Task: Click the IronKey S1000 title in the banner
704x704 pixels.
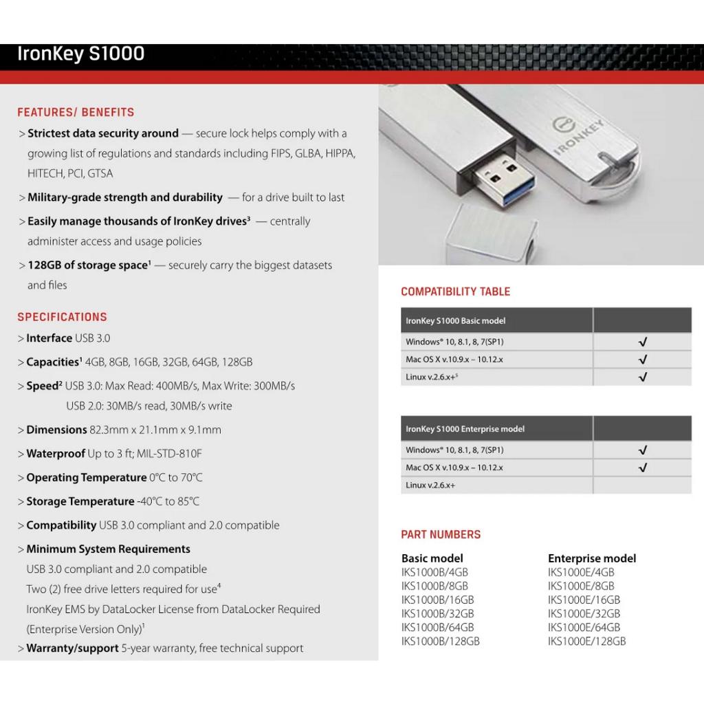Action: pos(80,54)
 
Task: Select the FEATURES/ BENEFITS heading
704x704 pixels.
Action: pos(76,112)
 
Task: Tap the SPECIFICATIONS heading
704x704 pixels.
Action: pos(62,317)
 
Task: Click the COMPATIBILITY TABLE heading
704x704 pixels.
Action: pos(455,291)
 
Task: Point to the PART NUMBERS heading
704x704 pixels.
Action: pos(441,534)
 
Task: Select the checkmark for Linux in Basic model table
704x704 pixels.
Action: pos(643,377)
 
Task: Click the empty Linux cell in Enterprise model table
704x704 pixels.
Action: pos(642,485)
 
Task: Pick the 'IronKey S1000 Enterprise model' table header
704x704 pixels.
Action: pos(465,429)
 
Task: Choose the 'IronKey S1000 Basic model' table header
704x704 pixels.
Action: pos(455,321)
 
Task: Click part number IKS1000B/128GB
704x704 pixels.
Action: pos(440,641)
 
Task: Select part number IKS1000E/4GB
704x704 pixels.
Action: pos(581,572)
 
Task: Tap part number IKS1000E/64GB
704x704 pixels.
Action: pos(584,627)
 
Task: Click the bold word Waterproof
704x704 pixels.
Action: pos(56,454)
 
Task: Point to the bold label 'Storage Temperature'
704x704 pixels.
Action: pos(80,501)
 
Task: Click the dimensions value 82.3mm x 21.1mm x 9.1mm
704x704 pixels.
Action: pos(155,430)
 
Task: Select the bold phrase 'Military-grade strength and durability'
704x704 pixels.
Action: pos(125,197)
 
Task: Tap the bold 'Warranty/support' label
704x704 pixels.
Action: pos(72,648)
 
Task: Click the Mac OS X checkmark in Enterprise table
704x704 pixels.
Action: pos(643,467)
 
